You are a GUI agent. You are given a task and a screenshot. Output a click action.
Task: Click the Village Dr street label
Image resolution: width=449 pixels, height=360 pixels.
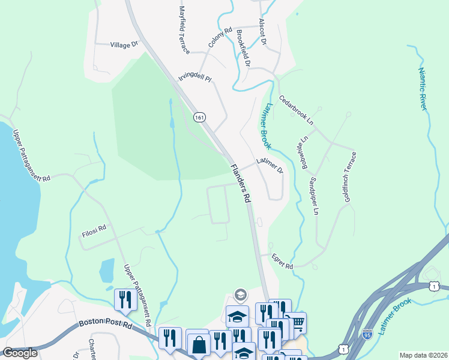[x=125, y=44]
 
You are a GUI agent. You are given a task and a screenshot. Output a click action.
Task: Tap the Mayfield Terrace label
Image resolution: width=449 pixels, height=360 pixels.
[x=184, y=30]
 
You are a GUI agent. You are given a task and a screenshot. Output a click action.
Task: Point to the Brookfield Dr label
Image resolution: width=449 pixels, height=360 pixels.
[x=243, y=48]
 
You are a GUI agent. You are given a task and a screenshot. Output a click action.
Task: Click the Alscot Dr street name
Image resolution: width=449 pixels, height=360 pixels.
[x=262, y=32]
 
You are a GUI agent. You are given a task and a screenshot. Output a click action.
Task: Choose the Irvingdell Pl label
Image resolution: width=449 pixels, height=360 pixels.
[x=195, y=79]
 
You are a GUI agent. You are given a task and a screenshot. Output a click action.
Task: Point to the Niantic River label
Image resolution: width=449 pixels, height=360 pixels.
[x=423, y=88]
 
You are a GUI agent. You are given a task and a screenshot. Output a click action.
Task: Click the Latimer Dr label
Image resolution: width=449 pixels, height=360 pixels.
[x=269, y=166]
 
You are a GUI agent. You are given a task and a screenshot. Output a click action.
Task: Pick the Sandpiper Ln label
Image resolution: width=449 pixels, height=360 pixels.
[x=313, y=196]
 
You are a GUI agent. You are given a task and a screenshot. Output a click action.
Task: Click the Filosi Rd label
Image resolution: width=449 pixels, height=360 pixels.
[x=94, y=228]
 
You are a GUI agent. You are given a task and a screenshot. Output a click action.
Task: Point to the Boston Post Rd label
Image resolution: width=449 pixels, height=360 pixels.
[x=106, y=325]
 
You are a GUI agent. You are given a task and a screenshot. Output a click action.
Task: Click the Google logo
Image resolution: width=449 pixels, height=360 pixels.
[x=19, y=353]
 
